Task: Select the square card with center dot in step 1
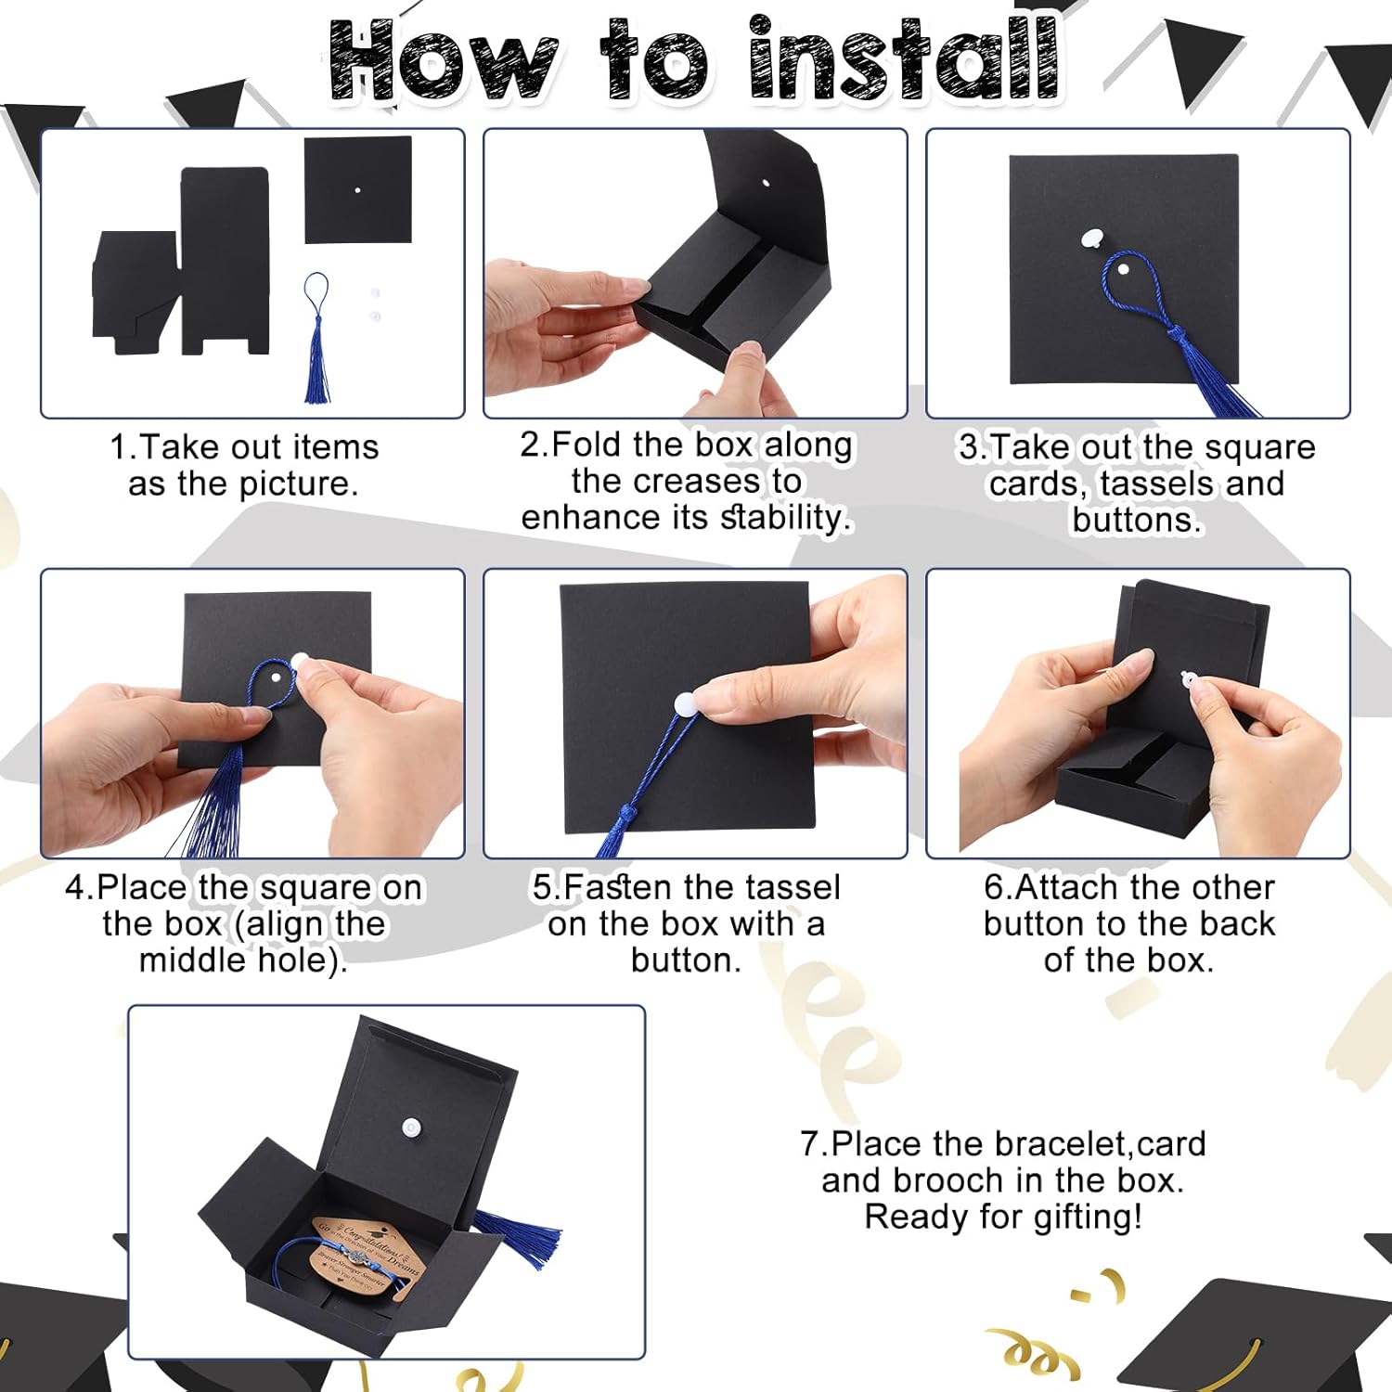358,190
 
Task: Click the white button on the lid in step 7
411,1128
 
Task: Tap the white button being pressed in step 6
1189,679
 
